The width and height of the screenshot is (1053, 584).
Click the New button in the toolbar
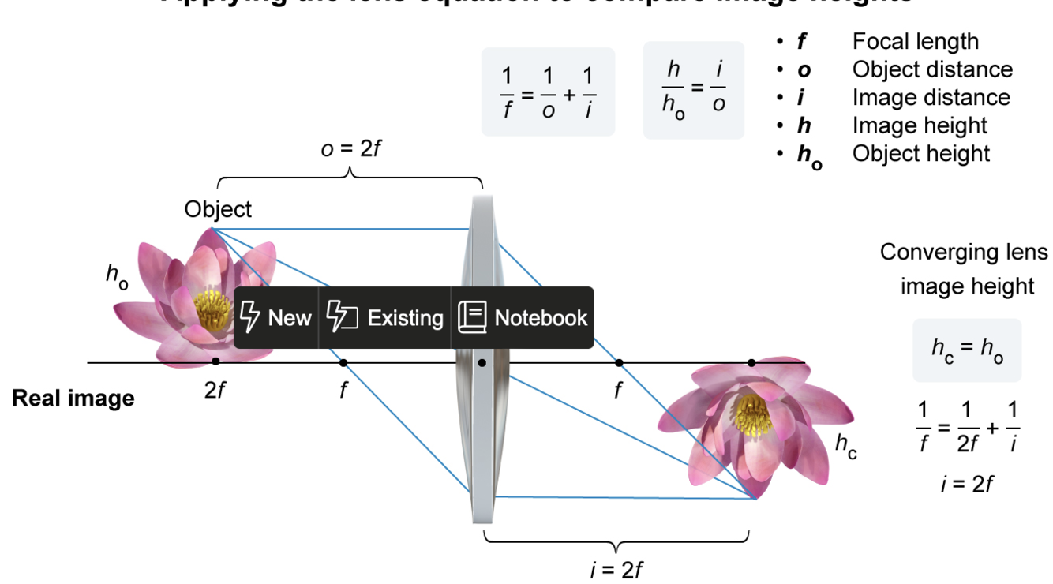point(275,317)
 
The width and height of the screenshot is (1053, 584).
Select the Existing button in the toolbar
point(384,317)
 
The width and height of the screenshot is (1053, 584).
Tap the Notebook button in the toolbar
point(523,317)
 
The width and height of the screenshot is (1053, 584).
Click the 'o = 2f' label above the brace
point(350,148)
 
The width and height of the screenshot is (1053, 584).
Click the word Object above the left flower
point(218,209)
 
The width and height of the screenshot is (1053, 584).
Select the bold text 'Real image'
point(73,398)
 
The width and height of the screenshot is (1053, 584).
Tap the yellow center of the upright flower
point(213,309)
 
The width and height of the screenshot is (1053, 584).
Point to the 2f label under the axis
point(215,390)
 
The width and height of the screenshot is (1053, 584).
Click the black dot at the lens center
point(482,363)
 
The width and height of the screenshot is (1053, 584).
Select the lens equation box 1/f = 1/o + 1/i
point(548,92)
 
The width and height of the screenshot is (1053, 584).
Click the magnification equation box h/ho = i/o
point(693,91)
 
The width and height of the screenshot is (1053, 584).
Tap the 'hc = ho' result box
point(967,350)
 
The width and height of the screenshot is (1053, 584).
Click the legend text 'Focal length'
point(915,41)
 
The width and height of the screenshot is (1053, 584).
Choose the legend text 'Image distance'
point(931,97)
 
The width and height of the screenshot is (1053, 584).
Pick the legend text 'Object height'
point(920,153)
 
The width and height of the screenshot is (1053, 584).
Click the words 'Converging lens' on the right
point(964,253)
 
